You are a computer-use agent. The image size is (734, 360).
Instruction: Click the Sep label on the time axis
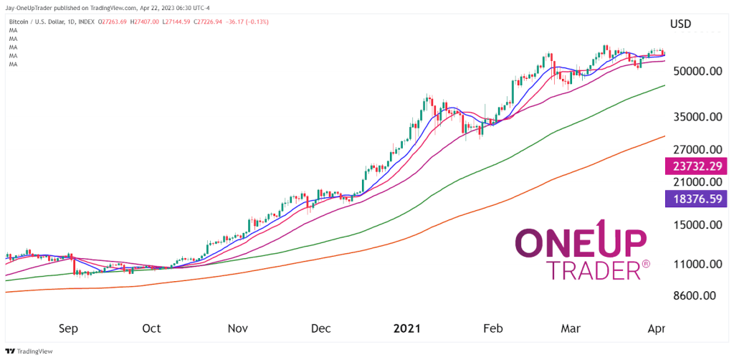coord(67,329)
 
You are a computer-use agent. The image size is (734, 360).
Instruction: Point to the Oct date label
coord(151,329)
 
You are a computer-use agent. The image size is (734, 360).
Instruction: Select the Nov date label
coord(238,329)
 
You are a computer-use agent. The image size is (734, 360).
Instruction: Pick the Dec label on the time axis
coord(321,329)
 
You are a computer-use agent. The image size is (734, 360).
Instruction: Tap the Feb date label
coord(493,329)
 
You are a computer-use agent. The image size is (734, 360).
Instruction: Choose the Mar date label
coord(570,329)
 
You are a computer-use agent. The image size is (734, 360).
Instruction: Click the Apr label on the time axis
coord(656,329)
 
